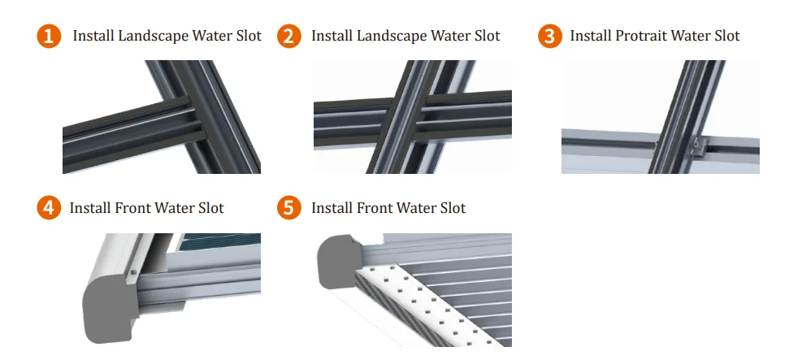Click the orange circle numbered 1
point(49,37)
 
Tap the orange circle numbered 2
point(288,37)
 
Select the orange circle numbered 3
point(550,37)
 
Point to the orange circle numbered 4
point(49,207)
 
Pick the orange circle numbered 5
point(288,207)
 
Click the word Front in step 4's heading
point(132,208)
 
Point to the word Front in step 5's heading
point(375,208)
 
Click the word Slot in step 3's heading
point(727,37)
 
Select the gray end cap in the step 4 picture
point(105,302)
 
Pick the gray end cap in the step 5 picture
point(338,263)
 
